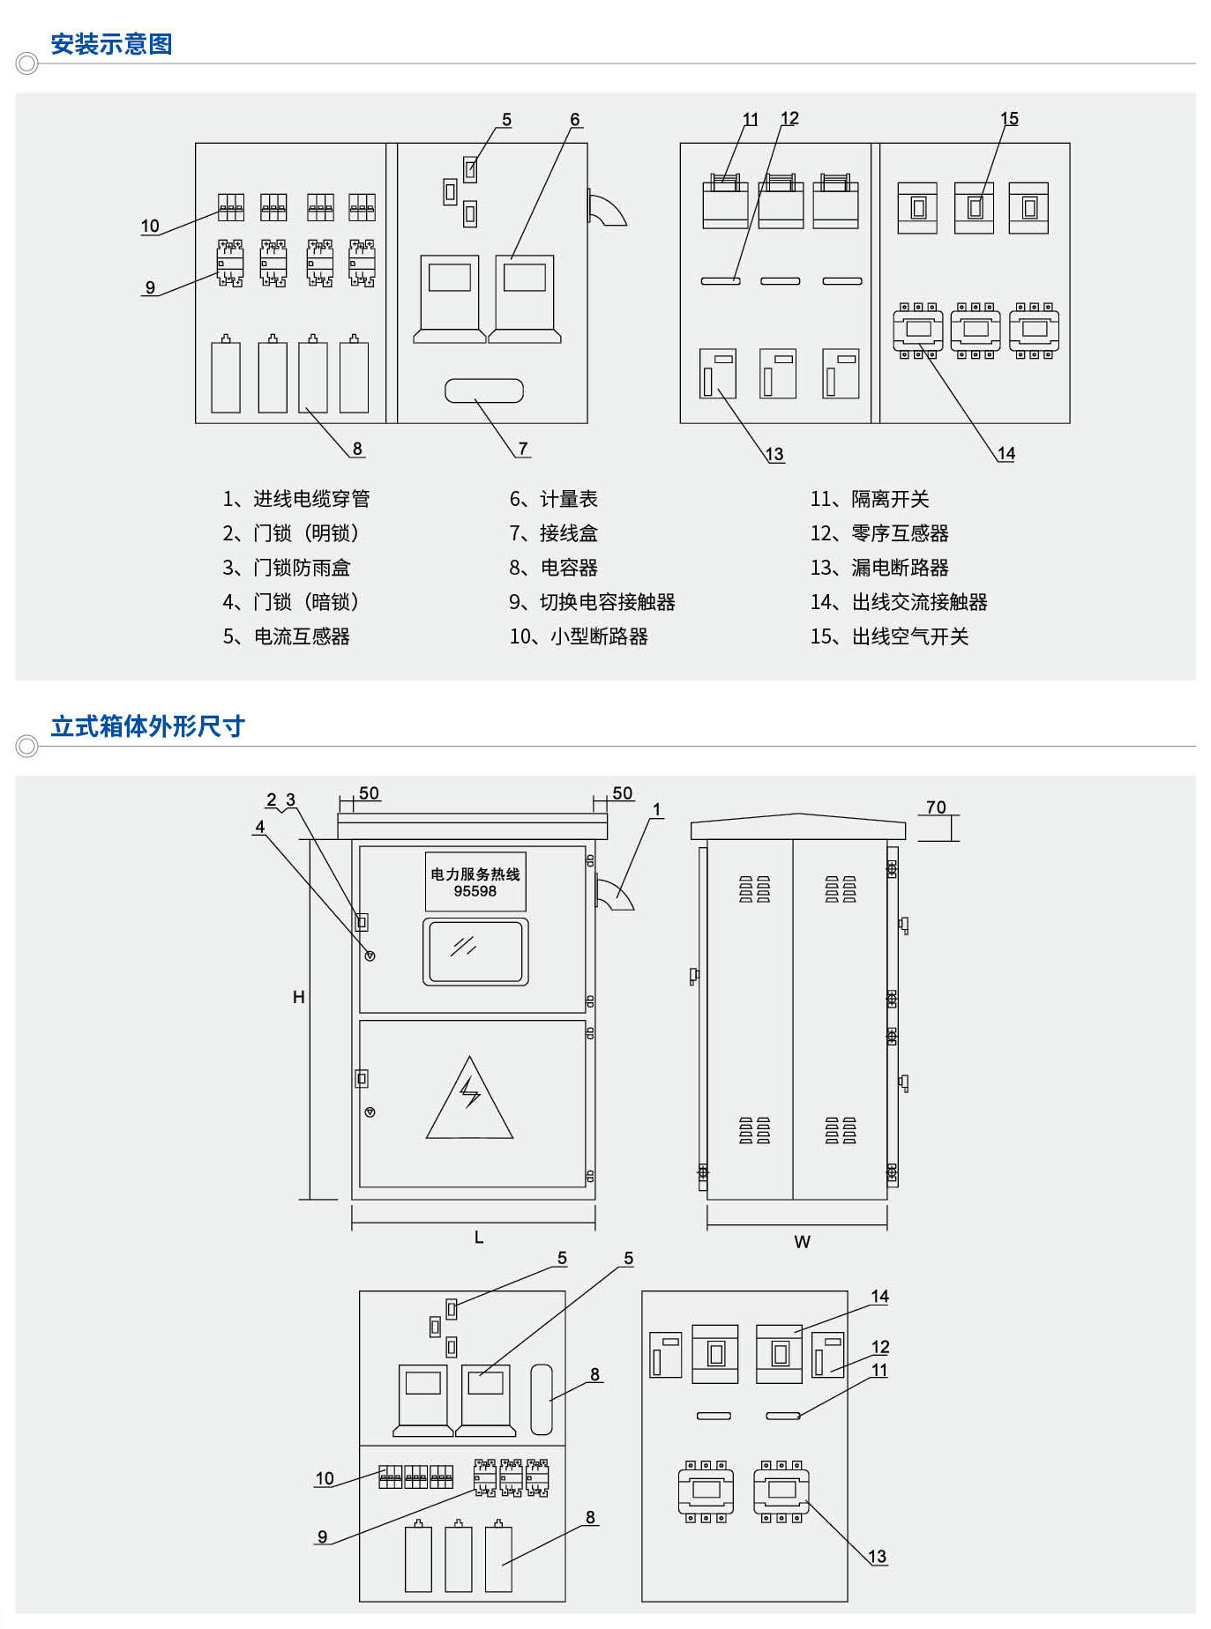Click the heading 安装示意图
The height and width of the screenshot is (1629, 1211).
click(x=111, y=44)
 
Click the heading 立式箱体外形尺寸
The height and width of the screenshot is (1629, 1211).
click(x=147, y=726)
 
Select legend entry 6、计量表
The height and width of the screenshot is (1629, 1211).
click(x=553, y=499)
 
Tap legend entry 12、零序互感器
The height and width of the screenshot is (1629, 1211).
click(x=879, y=533)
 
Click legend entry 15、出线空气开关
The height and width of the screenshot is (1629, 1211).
click(x=889, y=636)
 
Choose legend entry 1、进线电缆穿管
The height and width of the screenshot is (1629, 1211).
click(x=295, y=499)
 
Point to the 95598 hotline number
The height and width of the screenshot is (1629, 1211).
click(x=475, y=891)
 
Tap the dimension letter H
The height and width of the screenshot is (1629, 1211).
click(x=299, y=997)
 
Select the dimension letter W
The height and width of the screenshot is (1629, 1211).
click(x=802, y=1242)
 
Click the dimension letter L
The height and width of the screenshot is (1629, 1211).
click(x=479, y=1238)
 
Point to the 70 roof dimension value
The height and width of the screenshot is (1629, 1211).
click(x=936, y=807)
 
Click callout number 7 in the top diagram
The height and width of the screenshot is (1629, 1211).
click(x=523, y=449)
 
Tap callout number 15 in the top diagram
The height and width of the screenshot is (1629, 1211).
click(x=1009, y=118)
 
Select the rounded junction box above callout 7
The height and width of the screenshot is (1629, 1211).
click(x=484, y=391)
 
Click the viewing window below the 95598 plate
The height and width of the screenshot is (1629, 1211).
click(x=475, y=951)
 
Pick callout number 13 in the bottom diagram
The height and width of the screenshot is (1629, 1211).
click(x=877, y=1556)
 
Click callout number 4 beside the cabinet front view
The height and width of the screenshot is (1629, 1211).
click(x=260, y=827)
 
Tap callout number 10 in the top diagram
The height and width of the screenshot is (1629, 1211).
click(x=150, y=226)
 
